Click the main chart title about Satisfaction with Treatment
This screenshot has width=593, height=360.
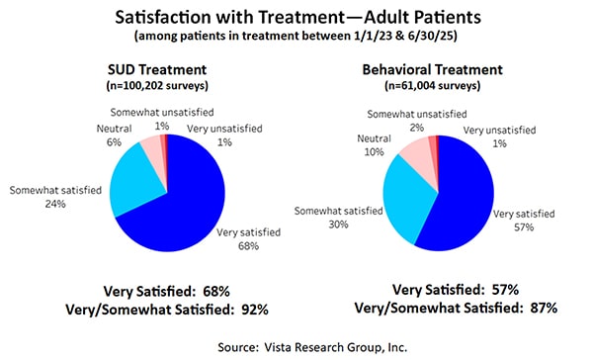(x=296, y=18)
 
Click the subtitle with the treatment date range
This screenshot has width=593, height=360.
(x=296, y=39)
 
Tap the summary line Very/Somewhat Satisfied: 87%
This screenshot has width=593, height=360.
(x=460, y=308)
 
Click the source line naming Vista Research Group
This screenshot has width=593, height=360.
(x=296, y=344)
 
